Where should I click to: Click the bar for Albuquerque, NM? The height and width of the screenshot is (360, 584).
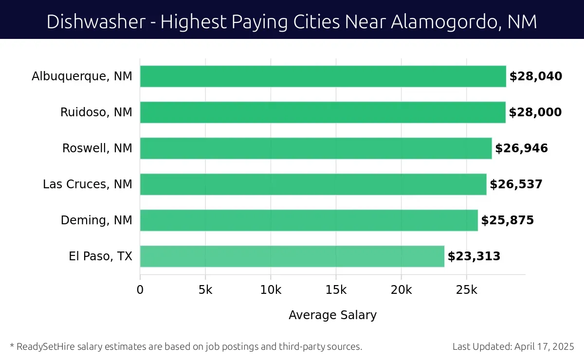coord(323,76)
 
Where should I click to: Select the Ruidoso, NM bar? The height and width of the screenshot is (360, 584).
coord(323,112)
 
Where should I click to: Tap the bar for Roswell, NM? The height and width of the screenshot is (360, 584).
coord(316,148)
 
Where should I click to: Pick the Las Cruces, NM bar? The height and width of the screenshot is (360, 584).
coord(313,184)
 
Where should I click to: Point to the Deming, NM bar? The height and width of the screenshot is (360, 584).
coord(309,220)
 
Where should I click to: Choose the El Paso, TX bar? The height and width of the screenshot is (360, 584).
coord(292,256)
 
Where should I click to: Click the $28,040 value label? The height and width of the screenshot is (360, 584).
coord(536,76)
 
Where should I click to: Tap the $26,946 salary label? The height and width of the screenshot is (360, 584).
coord(521,148)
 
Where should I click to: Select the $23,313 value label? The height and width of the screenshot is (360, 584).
coord(474,256)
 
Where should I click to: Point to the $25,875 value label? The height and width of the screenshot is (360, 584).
coord(508,220)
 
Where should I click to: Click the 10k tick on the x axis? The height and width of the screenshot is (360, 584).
coord(271,290)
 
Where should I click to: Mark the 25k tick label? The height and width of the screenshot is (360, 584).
coord(467,290)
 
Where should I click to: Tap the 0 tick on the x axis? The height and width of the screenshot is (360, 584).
coord(140,290)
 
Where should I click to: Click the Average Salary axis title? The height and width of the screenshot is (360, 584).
coord(332,315)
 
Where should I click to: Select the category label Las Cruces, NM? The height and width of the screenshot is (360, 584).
coord(88,184)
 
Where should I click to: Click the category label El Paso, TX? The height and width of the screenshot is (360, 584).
coord(101,256)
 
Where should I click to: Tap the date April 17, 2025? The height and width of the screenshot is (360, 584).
coord(543,347)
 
